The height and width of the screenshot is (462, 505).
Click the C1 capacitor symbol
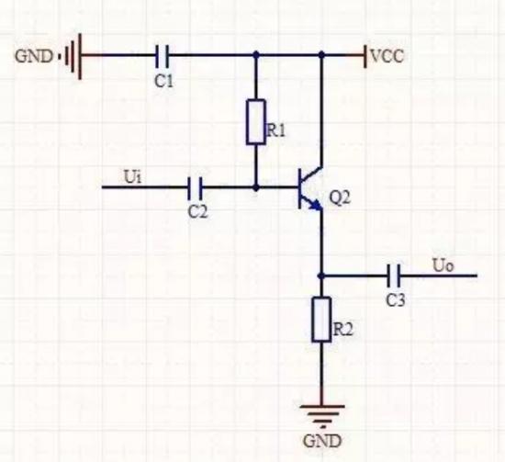click(x=162, y=56)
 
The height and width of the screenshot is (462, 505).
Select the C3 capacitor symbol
click(x=394, y=276)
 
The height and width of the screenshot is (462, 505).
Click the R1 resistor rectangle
click(x=256, y=122)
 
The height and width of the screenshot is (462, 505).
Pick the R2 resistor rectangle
click(x=321, y=319)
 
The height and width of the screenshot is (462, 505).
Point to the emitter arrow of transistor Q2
click(x=315, y=205)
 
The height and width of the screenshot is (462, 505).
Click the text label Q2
click(x=340, y=197)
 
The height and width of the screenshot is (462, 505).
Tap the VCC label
click(x=387, y=56)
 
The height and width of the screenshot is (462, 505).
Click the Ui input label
click(x=133, y=176)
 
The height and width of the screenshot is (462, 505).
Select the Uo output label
click(x=443, y=266)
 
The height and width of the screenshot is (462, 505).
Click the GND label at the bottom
click(x=322, y=441)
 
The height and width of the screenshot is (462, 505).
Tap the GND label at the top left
click(x=33, y=56)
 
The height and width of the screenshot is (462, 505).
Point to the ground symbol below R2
click(x=321, y=416)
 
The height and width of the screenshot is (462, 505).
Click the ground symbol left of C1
click(x=73, y=56)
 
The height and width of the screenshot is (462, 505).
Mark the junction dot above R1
click(x=256, y=55)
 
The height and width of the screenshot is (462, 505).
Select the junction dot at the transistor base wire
click(x=256, y=187)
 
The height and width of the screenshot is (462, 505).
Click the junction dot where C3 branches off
click(x=321, y=276)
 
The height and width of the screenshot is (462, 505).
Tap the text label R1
click(x=276, y=130)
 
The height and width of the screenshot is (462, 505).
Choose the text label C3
click(x=396, y=300)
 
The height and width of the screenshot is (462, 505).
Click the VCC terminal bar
click(x=365, y=56)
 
